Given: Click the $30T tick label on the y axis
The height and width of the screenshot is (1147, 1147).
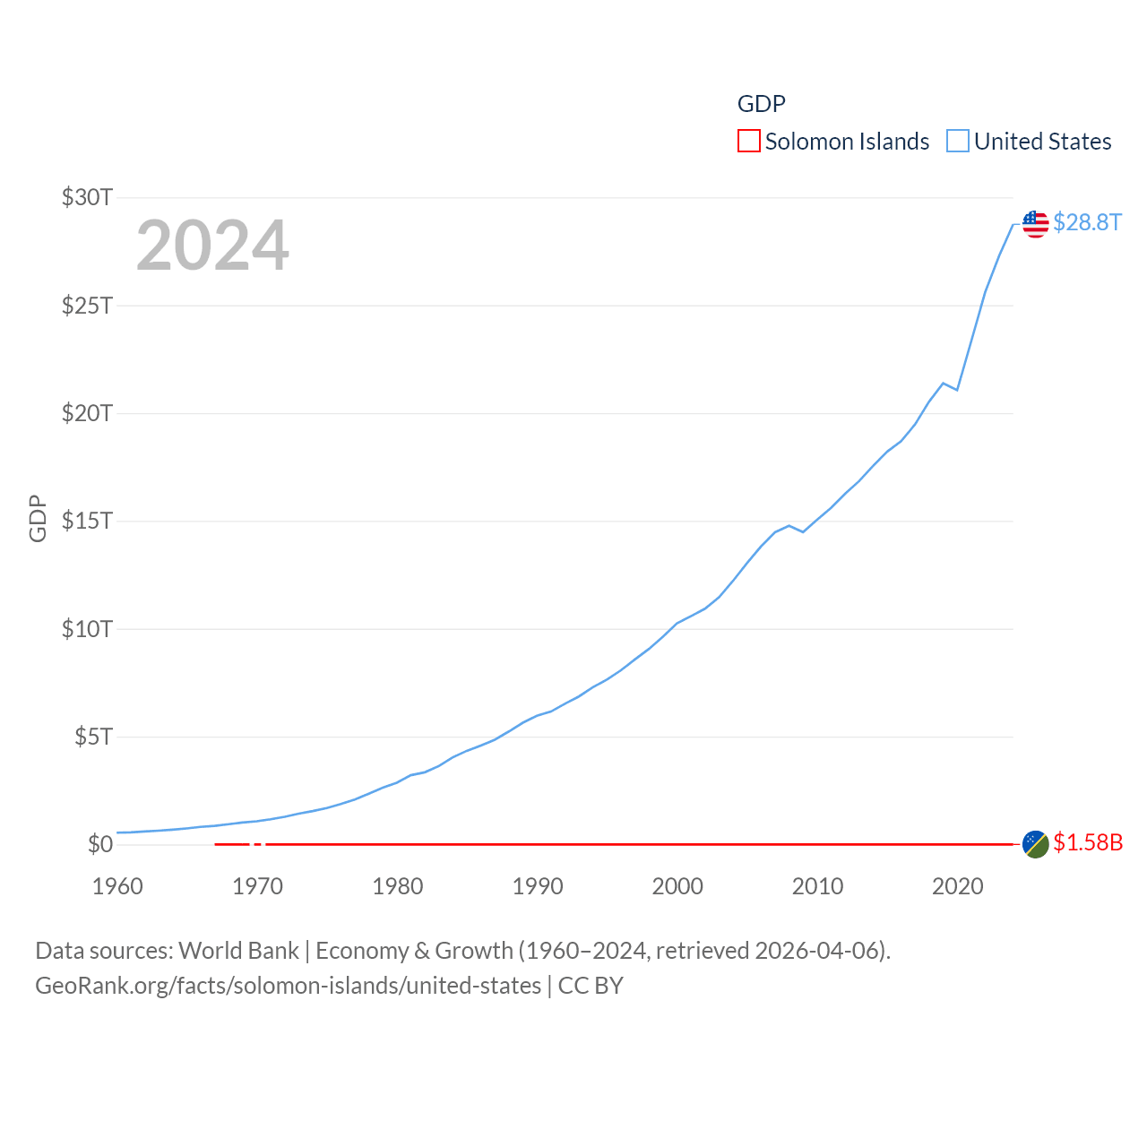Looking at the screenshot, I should pos(87,197).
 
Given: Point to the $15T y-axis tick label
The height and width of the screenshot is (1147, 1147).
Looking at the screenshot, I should pos(87,521).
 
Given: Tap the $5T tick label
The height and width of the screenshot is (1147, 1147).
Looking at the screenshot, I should pos(93,737).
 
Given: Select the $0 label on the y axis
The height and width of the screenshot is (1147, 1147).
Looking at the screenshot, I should pos(100,844).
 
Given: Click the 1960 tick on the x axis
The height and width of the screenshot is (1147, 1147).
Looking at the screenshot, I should pos(117,886).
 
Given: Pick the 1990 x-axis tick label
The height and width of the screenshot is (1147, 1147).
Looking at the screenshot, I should pos(538,886).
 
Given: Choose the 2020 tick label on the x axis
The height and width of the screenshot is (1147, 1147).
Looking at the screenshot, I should pos(958,886).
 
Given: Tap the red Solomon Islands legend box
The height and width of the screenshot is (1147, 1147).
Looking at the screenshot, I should pos(749,142).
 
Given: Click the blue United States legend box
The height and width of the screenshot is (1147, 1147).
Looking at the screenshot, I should pos(958,142).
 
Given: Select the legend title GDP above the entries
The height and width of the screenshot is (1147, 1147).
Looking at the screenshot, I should pos(761,104).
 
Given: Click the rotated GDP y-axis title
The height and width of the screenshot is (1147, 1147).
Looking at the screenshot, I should pos(38,518).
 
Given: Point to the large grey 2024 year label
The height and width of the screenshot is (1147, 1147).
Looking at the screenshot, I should pos(212,246).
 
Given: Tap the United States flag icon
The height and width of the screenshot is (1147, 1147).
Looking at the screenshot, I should pos(1036,223).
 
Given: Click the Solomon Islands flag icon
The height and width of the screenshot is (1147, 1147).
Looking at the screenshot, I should pos(1036,844).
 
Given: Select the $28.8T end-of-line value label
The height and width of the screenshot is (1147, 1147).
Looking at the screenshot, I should pos(1087,222).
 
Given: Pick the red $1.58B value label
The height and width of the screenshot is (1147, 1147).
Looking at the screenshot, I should pos(1088,843).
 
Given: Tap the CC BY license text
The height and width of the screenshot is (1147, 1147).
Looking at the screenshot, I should pos(591,986).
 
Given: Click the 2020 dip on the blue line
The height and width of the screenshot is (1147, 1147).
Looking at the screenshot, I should pos(957,390).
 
